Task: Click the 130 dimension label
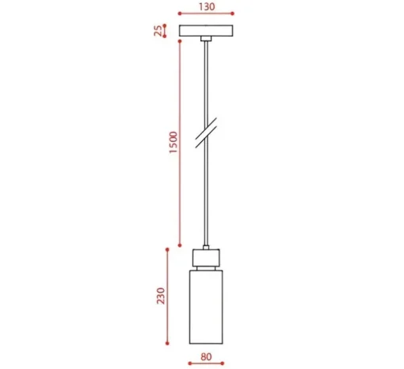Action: coord(207,6)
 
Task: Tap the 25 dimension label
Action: coord(158,31)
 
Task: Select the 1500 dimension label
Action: coord(173,142)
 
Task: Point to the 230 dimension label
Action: coord(161,296)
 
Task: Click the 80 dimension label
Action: coord(206,357)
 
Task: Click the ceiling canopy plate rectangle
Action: coord(206,31)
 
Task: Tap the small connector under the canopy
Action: coord(206,39)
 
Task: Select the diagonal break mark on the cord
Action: coord(206,133)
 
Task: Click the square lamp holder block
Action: coord(206,258)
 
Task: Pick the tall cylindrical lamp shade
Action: coord(206,307)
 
